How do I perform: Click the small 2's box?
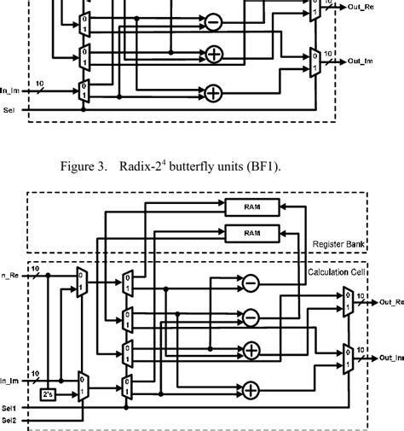coord(48,394)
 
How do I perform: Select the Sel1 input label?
coord(9,409)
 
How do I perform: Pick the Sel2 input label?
coord(9,421)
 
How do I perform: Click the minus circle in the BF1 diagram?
coord(212,22)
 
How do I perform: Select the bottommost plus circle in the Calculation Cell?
coord(251,390)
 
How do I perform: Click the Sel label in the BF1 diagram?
coord(9,110)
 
